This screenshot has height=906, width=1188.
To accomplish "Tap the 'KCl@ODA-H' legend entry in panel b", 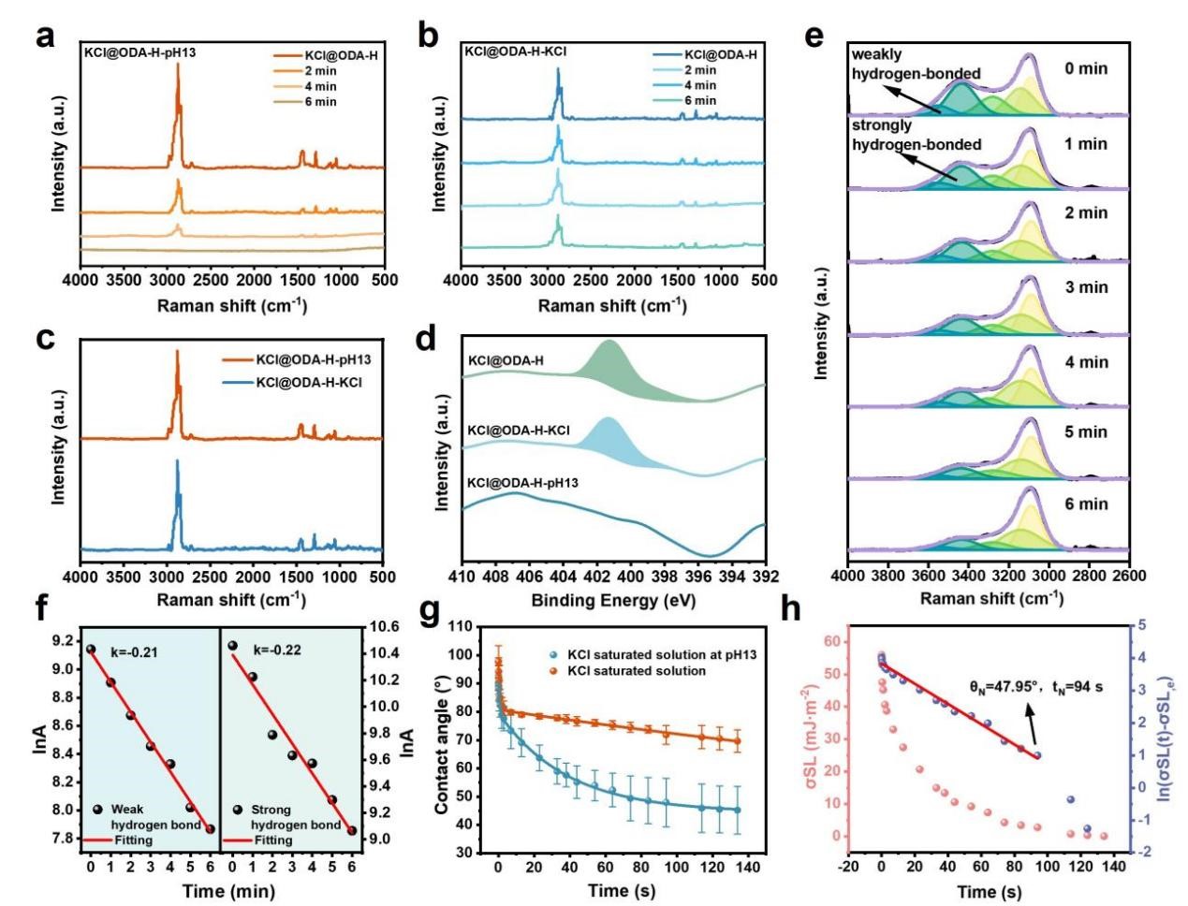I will [x=721, y=55].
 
